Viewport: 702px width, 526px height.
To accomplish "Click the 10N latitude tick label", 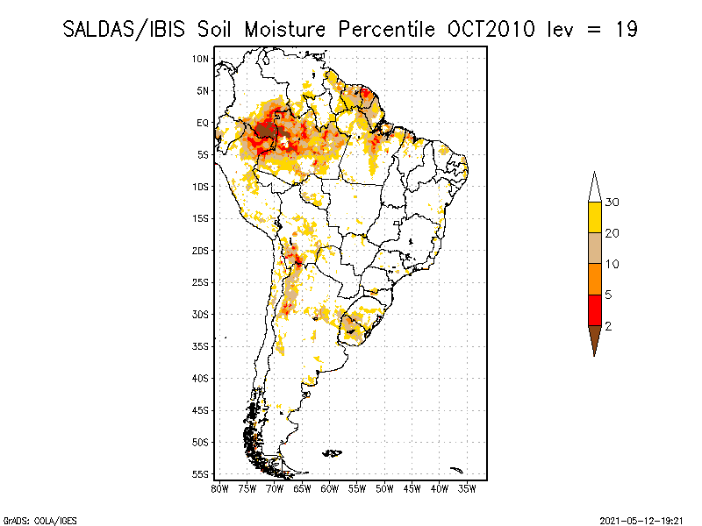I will [201, 59].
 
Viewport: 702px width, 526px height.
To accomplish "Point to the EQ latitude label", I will [203, 123].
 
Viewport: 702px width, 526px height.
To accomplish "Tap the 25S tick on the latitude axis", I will [201, 282].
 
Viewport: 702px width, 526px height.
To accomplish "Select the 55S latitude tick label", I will [201, 473].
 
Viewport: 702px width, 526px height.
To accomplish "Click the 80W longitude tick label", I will [219, 487].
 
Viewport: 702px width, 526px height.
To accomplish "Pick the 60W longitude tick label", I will [330, 487].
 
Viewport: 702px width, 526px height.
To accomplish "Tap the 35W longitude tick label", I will [467, 487].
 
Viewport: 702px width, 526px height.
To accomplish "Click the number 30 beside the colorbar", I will [612, 203].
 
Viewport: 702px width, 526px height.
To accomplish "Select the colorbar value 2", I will [608, 326].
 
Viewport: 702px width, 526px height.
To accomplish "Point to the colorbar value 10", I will [612, 264].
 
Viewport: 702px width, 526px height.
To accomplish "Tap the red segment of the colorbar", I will [594, 309].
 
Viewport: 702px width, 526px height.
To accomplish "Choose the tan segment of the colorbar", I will [594, 248].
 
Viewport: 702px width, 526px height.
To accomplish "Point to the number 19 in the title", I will [626, 29].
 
